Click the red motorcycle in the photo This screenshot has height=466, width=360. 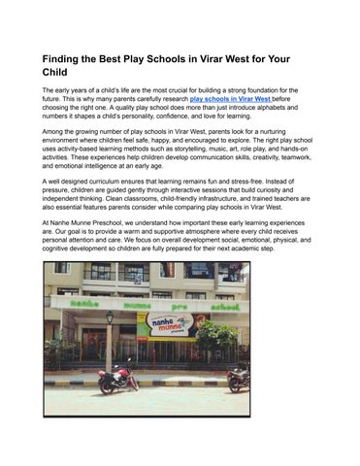pyautogui.click(x=117, y=376)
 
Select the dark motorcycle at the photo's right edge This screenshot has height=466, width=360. pyautogui.click(x=238, y=378)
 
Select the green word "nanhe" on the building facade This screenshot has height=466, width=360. pyautogui.click(x=72, y=303)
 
